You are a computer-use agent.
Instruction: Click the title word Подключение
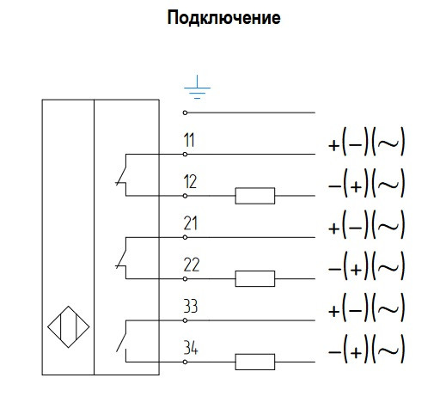tap(223, 18)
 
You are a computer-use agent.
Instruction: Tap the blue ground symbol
tap(197, 88)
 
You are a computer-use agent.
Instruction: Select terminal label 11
tap(189, 140)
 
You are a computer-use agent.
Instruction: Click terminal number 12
tap(190, 181)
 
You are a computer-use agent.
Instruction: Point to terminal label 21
tap(191, 223)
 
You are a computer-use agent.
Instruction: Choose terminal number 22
tap(192, 265)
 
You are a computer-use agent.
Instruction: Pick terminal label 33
tap(191, 306)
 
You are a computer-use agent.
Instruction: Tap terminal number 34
tap(191, 348)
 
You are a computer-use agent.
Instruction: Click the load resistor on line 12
tap(255, 196)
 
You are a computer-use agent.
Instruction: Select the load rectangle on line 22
tap(255, 278)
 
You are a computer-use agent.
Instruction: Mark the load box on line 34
tap(255, 362)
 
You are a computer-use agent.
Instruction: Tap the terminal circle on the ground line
tap(185, 113)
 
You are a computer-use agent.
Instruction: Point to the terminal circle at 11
tap(185, 155)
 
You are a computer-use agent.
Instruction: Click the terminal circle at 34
tap(185, 362)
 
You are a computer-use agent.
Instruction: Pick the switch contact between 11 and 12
tap(122, 174)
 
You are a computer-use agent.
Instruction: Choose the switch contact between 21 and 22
tap(122, 258)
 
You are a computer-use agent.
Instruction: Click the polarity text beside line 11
tap(366, 142)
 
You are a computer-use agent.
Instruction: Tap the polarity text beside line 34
tap(366, 350)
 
